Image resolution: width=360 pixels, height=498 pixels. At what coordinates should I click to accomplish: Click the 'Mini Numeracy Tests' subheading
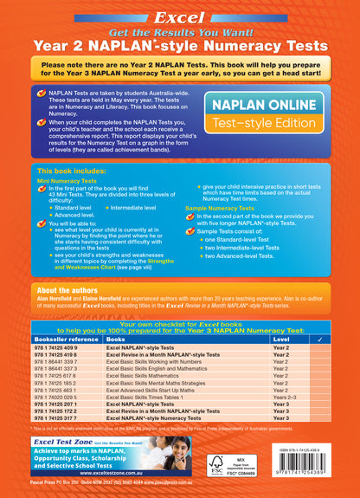click(x=73, y=181)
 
